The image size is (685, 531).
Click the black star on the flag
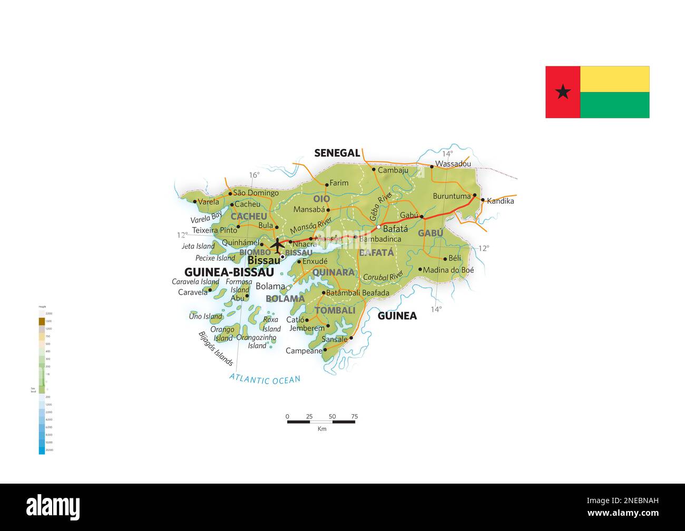[563, 92]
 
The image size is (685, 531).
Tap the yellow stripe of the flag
[614, 79]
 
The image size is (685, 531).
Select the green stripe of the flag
[614, 105]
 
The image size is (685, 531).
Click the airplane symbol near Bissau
[277, 245]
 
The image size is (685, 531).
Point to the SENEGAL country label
[337, 153]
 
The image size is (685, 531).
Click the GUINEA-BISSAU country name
[229, 272]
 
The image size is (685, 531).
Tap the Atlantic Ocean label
[265, 378]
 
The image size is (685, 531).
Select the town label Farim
[339, 183]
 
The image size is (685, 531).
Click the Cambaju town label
[393, 170]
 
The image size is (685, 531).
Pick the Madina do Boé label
[448, 270]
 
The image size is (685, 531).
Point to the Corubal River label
[383, 277]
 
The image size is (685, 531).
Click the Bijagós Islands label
[216, 348]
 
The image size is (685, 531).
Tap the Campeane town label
[304, 350]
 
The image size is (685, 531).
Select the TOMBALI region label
[335, 310]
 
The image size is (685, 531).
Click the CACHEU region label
[249, 216]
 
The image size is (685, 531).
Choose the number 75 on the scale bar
[354, 416]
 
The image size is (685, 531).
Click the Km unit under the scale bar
[322, 429]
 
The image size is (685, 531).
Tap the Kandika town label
[500, 201]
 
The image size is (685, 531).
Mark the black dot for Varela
[195, 202]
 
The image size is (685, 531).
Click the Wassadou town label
[453, 164]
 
